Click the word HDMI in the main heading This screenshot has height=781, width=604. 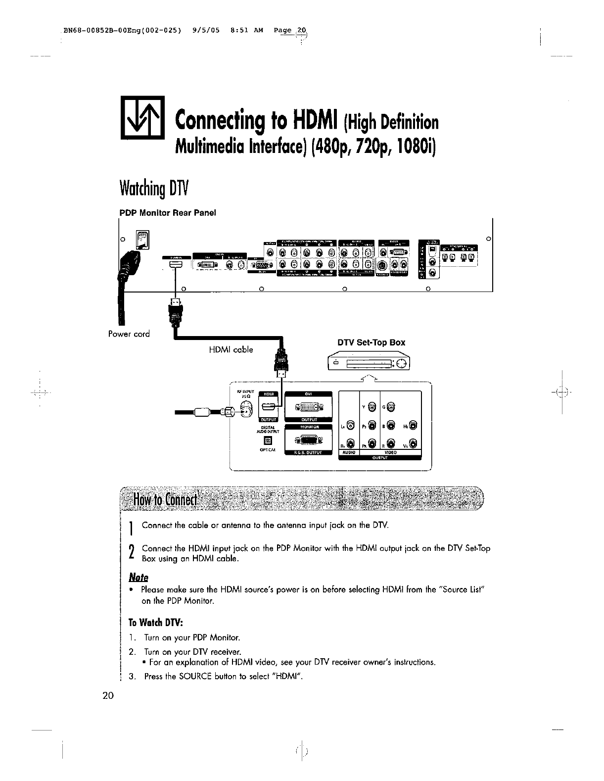coord(311,119)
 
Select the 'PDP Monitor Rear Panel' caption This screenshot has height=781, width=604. coord(168,213)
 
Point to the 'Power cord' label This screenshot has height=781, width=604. coord(129,334)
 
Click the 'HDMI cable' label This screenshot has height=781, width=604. coord(231,349)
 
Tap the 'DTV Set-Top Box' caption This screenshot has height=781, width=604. coord(371,342)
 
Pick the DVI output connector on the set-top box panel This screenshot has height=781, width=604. coord(310,407)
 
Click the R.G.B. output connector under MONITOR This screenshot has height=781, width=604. coord(310,439)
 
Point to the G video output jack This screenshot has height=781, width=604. coord(391,407)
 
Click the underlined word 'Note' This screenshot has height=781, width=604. coord(139,578)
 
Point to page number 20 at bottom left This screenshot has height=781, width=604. coord(108,695)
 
